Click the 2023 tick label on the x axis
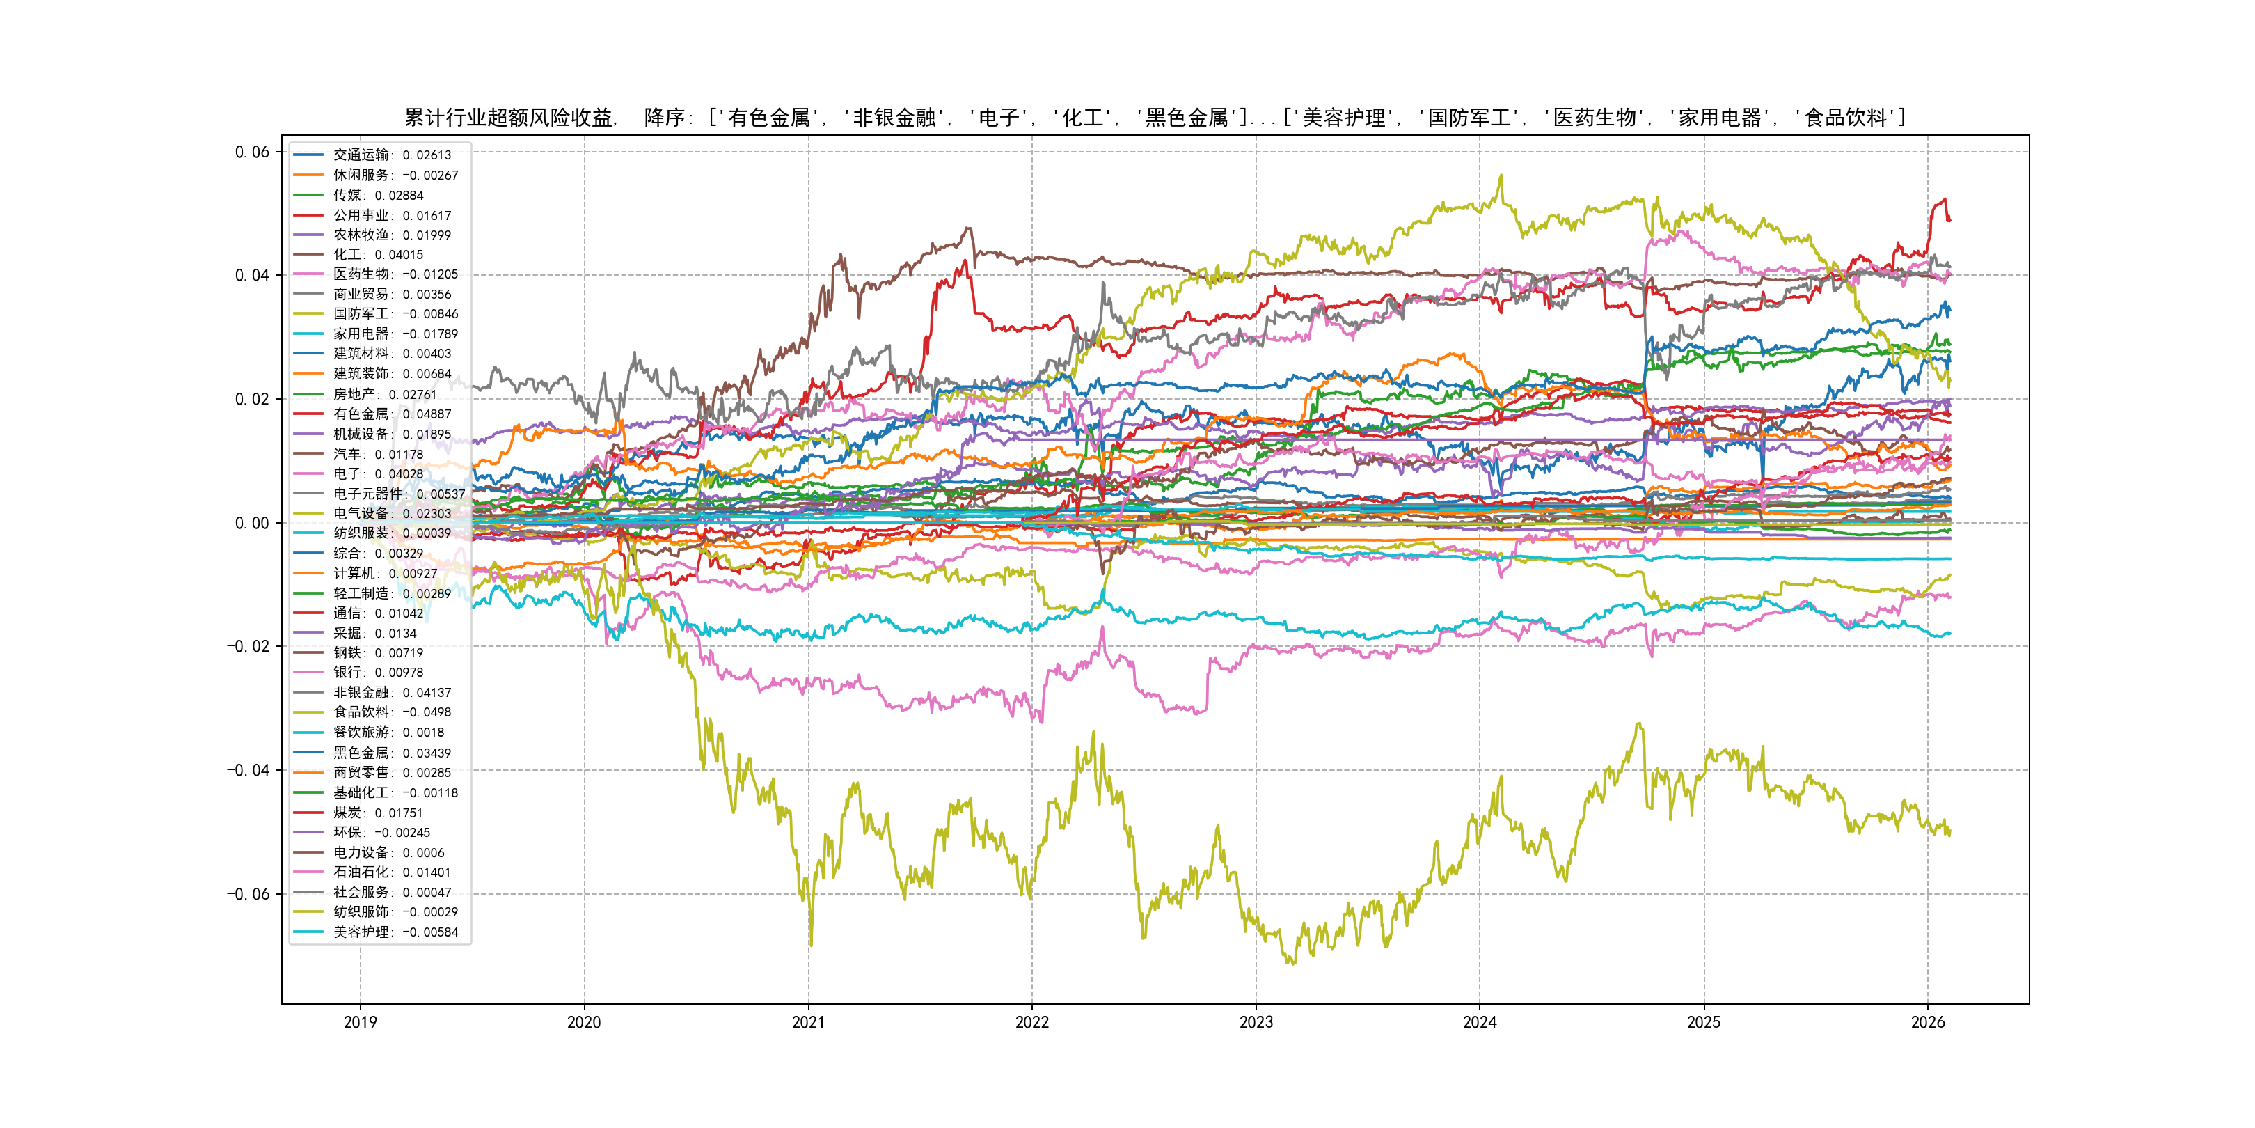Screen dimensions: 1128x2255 click(x=1256, y=1022)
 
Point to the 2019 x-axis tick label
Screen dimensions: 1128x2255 click(x=360, y=1022)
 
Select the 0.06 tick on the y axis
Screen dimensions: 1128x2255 click(x=252, y=152)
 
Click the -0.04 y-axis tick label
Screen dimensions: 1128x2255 click(x=248, y=771)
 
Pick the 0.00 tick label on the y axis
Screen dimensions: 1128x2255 click(x=252, y=524)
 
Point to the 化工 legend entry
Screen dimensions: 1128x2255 click(x=377, y=255)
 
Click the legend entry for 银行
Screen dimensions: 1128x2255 click(x=377, y=673)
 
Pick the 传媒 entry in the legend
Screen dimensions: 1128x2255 click(x=377, y=195)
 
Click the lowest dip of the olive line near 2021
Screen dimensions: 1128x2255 click(x=811, y=944)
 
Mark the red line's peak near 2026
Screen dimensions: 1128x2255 click(x=1944, y=199)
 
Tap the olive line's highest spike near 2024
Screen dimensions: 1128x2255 click(x=1501, y=175)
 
